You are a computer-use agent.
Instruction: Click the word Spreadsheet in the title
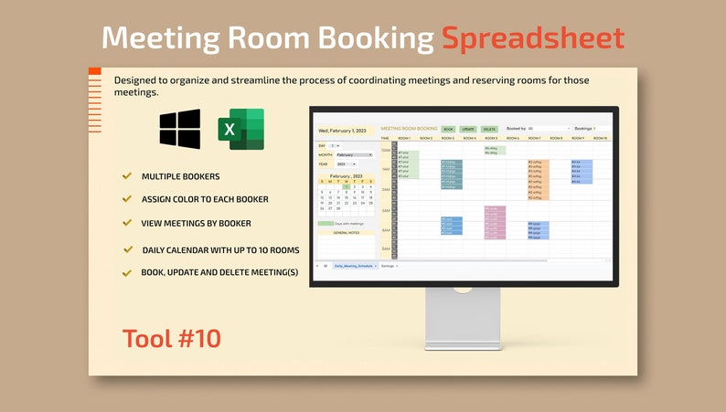pos(533,38)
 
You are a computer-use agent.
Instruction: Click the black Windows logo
pos(179,130)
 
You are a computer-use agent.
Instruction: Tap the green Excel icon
pos(240,130)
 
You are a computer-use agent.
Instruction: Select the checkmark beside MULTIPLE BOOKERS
pos(126,175)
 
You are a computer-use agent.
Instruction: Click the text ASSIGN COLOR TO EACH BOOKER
pos(205,199)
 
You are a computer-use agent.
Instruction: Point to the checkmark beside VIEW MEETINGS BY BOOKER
pos(126,223)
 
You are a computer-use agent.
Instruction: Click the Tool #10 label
pos(172,338)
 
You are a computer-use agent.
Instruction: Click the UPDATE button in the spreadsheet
pos(468,130)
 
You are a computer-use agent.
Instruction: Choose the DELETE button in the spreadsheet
pos(489,130)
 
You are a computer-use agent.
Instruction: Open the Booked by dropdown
pos(549,129)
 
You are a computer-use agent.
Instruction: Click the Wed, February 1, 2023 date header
pos(343,131)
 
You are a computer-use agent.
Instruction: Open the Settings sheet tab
pos(390,266)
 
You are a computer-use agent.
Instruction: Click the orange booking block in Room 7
pos(538,178)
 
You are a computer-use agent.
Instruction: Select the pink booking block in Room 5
pos(494,222)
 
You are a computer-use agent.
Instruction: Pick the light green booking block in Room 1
pos(408,164)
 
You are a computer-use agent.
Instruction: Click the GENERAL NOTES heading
pos(346,233)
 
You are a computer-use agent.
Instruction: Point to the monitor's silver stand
pos(464,320)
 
